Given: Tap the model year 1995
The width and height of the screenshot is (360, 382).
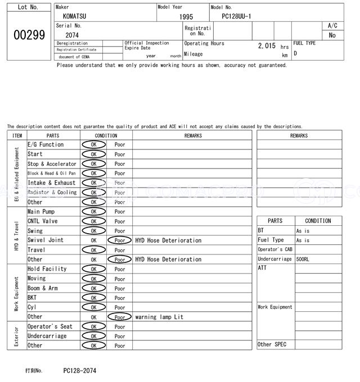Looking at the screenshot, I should pos(186,17).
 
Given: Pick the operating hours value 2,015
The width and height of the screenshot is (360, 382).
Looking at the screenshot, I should pos(267,46).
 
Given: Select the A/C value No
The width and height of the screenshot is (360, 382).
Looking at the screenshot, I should pos(332,35).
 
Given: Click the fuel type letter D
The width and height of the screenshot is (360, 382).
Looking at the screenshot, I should pos(295,54).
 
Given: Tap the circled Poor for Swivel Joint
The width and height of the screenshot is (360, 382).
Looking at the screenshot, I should pos(120,240).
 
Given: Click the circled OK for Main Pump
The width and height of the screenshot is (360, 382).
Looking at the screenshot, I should pos(93,212).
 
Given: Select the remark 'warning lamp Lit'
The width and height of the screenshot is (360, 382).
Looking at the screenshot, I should pos(159,317).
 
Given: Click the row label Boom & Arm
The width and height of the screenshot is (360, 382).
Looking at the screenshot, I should pos(43,288).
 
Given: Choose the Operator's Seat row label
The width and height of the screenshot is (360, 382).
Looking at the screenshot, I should pos(50,326).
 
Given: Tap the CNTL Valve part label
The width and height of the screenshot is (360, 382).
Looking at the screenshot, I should pos(43,221).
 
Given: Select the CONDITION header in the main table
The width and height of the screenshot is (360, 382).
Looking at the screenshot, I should pos(106,135).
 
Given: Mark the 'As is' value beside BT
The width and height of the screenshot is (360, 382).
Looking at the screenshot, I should pos(303,231).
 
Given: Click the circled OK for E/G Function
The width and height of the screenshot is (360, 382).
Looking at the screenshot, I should pos(93,145).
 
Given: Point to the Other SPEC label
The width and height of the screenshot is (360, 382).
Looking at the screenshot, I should pos(272,344).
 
